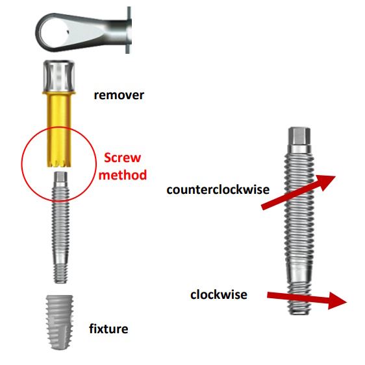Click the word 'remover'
tap(119, 95)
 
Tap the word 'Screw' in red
tap(123, 158)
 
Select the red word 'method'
tap(123, 175)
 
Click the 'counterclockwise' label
tap(218, 189)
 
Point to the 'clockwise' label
tap(219, 295)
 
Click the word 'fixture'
tap(108, 329)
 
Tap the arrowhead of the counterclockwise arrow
tap(327, 182)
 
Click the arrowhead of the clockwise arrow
tap(338, 301)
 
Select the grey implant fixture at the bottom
tap(60, 322)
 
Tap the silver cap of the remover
tap(59, 76)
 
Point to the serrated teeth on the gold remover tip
tap(59, 163)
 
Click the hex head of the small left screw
tap(60, 177)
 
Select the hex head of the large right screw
tap(299, 136)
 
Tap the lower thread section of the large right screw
tap(299, 298)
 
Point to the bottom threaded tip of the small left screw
tap(60, 273)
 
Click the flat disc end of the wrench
tap(129, 30)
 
